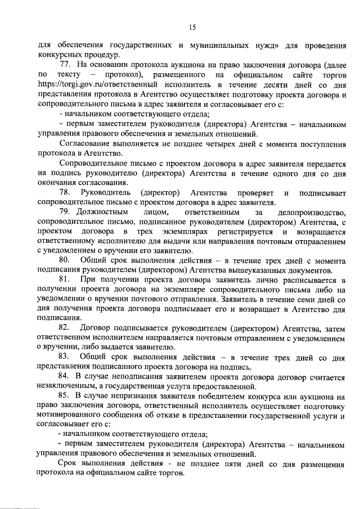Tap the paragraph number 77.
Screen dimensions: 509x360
pos(65,65)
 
